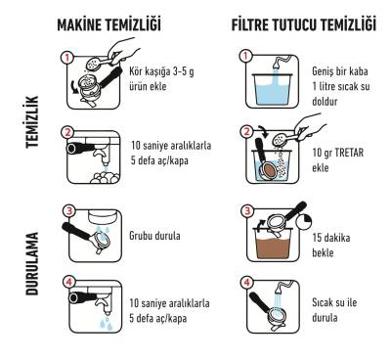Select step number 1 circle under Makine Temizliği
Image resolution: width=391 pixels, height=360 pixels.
(x=67, y=57)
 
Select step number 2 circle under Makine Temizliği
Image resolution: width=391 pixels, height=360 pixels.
(x=67, y=131)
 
